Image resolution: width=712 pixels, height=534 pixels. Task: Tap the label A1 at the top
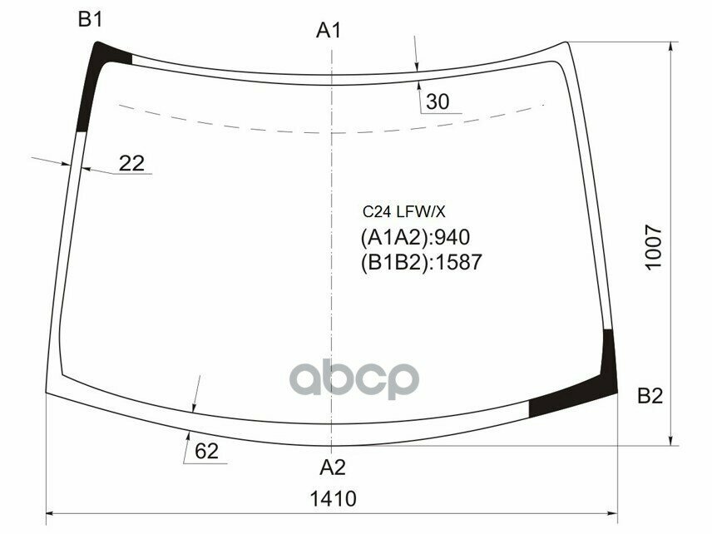click(x=329, y=31)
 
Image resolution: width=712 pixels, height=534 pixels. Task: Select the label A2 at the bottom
click(x=332, y=466)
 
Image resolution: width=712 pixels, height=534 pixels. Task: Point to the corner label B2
click(x=650, y=397)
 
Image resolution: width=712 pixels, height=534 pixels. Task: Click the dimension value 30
click(x=437, y=102)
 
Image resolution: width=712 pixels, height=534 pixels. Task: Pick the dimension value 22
click(x=131, y=163)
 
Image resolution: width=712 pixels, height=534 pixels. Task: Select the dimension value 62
click(x=206, y=452)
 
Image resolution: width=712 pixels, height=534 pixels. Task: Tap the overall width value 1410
click(x=333, y=499)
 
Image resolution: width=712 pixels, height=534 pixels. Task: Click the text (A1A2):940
click(x=409, y=238)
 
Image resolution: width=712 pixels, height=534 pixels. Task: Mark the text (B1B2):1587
click(x=421, y=262)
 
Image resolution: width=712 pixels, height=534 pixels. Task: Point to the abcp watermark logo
click(x=354, y=379)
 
